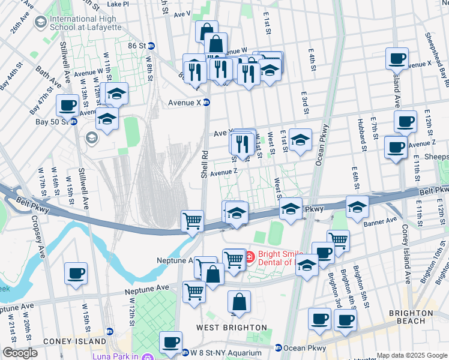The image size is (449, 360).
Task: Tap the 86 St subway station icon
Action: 151,46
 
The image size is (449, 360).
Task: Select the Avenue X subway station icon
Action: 206,103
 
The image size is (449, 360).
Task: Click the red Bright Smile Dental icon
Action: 251,257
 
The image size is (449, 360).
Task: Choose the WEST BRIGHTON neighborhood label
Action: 231,327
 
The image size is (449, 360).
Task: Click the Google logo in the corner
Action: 19,353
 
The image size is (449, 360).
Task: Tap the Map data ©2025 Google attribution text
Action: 412,355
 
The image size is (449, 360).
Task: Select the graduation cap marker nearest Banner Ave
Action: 357,206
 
